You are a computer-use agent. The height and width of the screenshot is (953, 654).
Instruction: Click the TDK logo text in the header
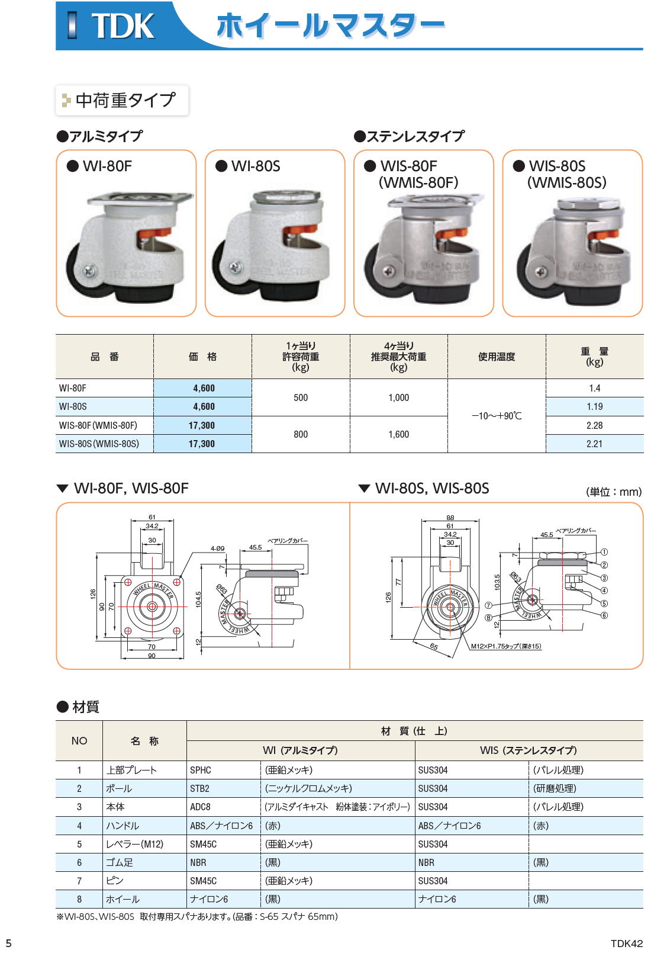coord(123,25)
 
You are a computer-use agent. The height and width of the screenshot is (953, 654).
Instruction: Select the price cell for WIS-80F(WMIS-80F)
coord(202,425)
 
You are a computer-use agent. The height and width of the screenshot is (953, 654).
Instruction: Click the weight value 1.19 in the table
coord(594,407)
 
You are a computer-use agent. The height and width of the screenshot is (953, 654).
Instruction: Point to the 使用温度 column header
coord(497,357)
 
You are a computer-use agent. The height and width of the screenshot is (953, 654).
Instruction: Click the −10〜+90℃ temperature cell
coord(497,416)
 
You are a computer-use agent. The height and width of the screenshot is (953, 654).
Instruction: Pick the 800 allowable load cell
coord(301,434)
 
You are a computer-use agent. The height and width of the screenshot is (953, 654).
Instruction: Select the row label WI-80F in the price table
coord(73,388)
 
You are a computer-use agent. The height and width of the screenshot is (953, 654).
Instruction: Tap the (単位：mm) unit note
coord(614,492)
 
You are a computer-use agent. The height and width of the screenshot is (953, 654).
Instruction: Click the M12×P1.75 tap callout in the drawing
coord(506,646)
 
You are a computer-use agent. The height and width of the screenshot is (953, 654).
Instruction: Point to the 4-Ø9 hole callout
coord(217,548)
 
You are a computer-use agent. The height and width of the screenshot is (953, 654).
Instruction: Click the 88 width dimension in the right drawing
coord(450,518)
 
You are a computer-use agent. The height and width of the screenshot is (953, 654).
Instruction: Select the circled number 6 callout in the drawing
coord(604,615)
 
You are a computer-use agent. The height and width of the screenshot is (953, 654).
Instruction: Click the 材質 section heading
coord(86,707)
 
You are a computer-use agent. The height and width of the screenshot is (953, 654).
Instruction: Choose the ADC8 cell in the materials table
coord(200,807)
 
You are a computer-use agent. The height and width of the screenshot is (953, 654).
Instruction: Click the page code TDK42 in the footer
coord(626,944)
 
